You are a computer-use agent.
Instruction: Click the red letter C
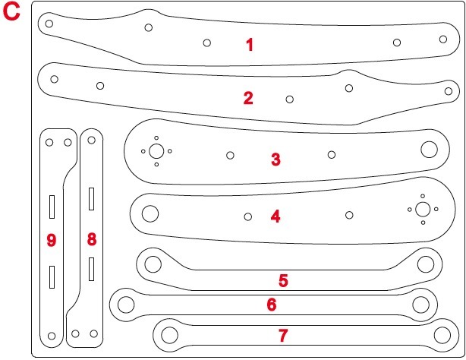(11, 12)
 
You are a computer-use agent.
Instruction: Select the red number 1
(250, 45)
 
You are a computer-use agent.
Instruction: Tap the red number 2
(248, 98)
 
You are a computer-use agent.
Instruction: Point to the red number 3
(276, 159)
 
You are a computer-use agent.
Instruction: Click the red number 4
(276, 216)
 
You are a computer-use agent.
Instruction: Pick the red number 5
(283, 280)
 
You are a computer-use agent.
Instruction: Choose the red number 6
(272, 305)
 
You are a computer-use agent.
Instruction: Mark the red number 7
(283, 335)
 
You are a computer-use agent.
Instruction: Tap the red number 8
(92, 239)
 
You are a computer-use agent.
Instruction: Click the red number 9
(52, 240)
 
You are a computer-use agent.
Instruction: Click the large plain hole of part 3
(429, 150)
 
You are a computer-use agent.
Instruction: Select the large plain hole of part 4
(150, 213)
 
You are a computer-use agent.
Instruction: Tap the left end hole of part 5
(153, 264)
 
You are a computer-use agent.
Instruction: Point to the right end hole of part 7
(442, 335)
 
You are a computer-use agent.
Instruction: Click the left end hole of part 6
(126, 305)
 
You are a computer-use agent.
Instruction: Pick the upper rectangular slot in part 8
(92, 199)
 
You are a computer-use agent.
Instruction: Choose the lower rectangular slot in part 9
(52, 277)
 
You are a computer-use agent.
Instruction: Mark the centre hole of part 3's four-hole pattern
(156, 151)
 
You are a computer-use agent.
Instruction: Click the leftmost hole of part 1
(49, 24)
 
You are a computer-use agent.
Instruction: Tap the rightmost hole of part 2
(449, 91)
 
